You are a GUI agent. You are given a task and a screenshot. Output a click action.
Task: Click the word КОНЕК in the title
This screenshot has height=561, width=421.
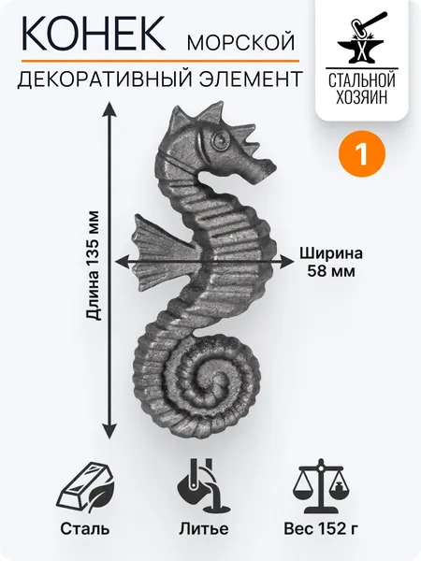94,33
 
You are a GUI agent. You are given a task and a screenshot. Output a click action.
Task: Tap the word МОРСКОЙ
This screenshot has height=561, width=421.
241,41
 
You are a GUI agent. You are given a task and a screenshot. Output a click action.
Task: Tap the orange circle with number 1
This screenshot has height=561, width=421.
361,154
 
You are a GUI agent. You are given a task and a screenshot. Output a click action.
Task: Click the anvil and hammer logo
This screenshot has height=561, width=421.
361,38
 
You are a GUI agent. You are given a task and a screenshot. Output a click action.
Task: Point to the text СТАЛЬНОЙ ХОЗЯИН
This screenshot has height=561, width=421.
361,88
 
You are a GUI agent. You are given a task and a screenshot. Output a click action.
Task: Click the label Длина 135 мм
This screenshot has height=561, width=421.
93,266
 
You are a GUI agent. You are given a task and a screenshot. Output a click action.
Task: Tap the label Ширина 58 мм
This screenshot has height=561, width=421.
331,262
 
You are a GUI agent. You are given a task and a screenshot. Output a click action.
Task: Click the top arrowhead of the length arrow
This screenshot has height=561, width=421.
109,108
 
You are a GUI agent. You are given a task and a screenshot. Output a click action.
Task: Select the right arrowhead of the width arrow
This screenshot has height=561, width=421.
287,262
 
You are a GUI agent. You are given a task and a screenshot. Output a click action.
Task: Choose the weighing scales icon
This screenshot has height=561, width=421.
324,485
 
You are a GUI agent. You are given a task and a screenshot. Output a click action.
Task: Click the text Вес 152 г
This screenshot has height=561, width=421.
321,528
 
